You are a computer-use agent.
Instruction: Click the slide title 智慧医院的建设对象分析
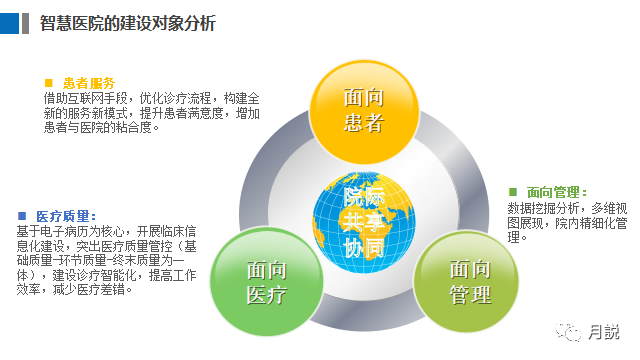(x=128, y=23)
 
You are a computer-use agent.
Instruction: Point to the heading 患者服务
(x=89, y=83)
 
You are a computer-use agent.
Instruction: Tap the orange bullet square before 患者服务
(x=48, y=83)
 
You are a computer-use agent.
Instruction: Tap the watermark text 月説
(x=603, y=330)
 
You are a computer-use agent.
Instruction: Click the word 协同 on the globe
(x=364, y=246)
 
